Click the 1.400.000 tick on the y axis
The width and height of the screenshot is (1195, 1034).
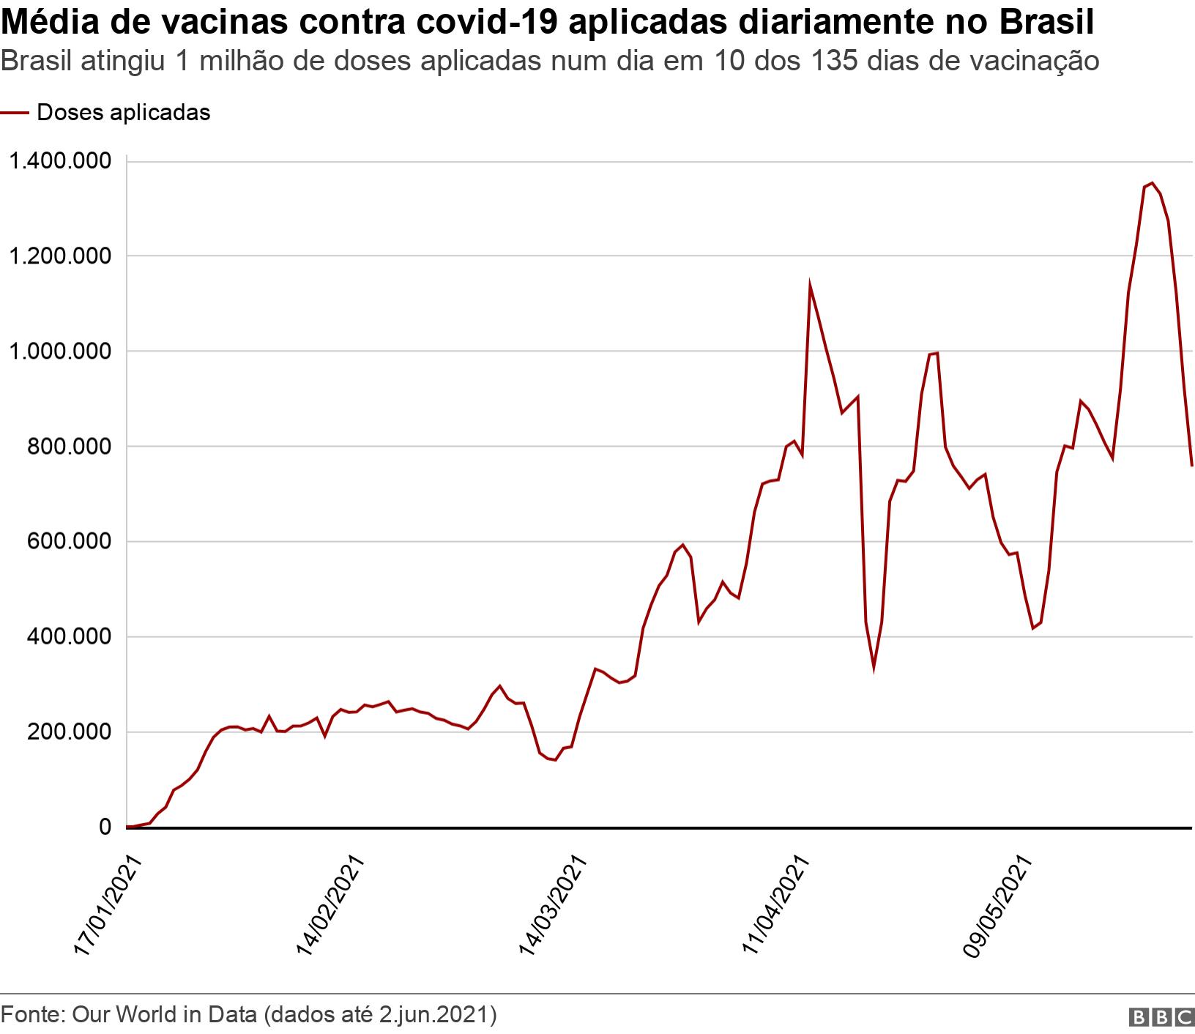coord(58,161)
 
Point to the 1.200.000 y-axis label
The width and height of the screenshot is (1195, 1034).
coord(58,256)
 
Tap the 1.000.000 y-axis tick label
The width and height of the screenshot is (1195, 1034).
coord(58,352)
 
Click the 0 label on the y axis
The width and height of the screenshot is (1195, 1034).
coord(105,827)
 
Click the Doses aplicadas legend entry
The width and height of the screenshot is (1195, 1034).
coord(123,113)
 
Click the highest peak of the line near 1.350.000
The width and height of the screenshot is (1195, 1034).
coord(1152,183)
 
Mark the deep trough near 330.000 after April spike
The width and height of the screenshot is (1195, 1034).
coord(874,669)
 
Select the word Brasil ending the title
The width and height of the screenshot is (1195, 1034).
coord(1046,22)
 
